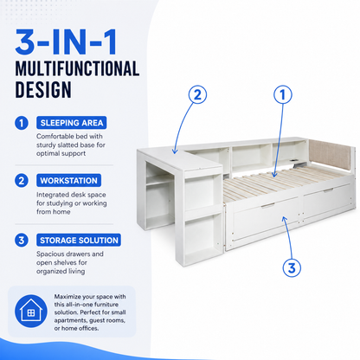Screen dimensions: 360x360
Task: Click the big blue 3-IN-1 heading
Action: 66,42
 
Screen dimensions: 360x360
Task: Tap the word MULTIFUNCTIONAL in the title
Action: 77,68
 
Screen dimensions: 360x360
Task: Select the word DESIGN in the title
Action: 43,90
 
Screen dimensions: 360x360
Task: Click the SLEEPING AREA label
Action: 72,123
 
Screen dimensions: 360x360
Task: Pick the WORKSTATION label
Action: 68,181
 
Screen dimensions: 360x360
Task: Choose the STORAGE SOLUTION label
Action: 79,240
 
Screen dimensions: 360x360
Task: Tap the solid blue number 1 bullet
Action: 22,123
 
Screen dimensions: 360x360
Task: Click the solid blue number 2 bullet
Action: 22,181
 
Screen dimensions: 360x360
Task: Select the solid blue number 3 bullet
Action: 22,241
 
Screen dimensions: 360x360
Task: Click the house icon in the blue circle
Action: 31,311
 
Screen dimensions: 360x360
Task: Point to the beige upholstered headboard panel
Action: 330,156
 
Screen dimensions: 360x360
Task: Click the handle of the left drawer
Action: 268,205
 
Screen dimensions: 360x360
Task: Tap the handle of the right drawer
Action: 329,190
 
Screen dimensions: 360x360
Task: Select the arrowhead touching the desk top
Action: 175,151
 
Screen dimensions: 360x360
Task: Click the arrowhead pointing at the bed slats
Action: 274,174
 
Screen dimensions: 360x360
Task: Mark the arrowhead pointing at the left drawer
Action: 284,220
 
